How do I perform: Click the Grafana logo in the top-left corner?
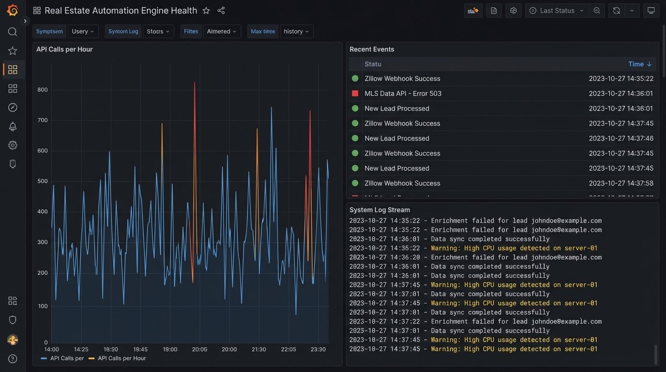[x=13, y=10]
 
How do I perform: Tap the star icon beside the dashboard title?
[x=206, y=11]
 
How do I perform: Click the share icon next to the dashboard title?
[x=221, y=11]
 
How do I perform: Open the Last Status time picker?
[x=557, y=11]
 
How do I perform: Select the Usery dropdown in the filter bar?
[x=83, y=31]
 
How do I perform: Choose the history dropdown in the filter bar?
[x=296, y=31]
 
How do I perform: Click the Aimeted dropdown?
[x=222, y=31]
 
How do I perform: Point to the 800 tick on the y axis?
[x=43, y=90]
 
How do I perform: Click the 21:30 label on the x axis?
[x=258, y=349]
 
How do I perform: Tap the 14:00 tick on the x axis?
[x=51, y=349]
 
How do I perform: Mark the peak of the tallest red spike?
[x=195, y=83]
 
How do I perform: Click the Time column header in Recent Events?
[x=639, y=64]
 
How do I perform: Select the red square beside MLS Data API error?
[x=355, y=93]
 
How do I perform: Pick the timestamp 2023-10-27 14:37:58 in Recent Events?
[x=621, y=183]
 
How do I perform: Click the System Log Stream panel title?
[x=379, y=210]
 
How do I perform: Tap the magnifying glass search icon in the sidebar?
[x=13, y=32]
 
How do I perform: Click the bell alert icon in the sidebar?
[x=13, y=126]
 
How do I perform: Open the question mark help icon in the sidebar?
[x=13, y=359]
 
